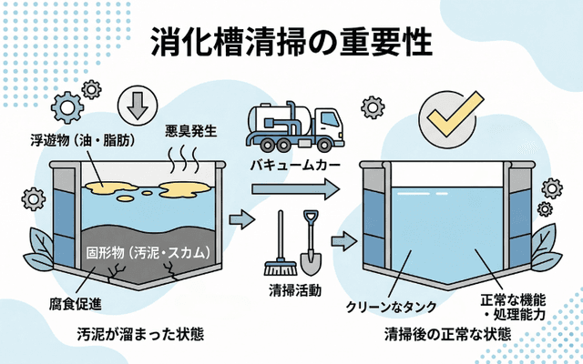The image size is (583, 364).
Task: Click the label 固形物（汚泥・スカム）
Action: [x=149, y=251]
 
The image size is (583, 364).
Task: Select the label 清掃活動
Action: [x=292, y=289]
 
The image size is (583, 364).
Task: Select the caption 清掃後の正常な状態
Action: [x=447, y=333]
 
